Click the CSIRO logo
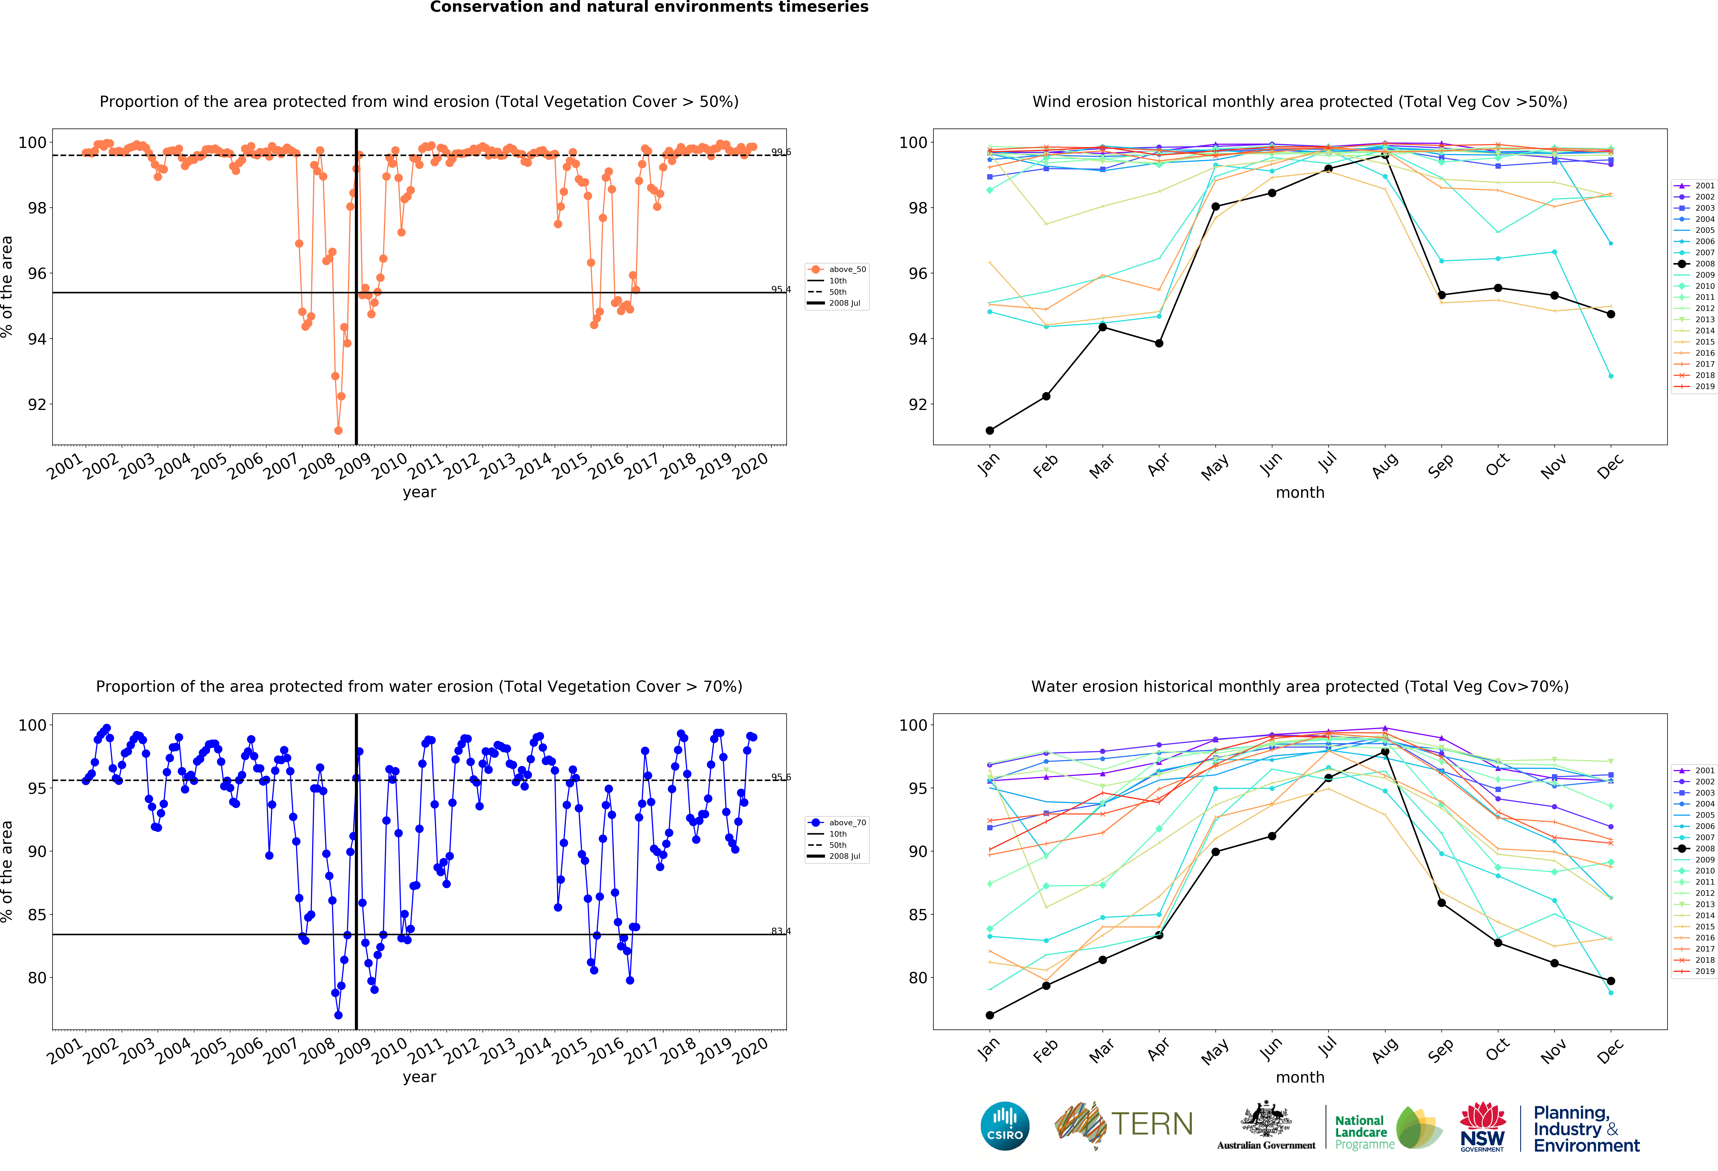tap(1005, 1126)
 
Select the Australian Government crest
tap(1266, 1120)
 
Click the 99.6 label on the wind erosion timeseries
tap(781, 152)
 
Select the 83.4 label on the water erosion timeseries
tap(781, 931)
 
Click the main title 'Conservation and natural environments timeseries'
tap(649, 7)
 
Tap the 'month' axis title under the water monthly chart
tap(1300, 1077)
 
